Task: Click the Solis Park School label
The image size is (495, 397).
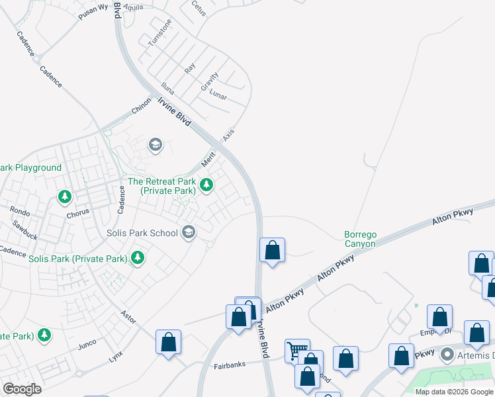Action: pyautogui.click(x=142, y=233)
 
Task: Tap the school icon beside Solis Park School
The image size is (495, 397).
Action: pyautogui.click(x=189, y=232)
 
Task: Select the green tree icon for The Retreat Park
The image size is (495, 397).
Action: pyautogui.click(x=206, y=185)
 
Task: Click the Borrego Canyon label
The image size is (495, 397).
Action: pyautogui.click(x=360, y=239)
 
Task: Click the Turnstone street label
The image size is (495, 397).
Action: pyautogui.click(x=160, y=32)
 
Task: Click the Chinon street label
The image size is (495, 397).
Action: pyautogui.click(x=140, y=105)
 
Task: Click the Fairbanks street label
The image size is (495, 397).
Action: pyautogui.click(x=230, y=366)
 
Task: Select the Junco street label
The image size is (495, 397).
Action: pyautogui.click(x=87, y=344)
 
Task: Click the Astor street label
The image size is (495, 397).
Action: pyautogui.click(x=128, y=317)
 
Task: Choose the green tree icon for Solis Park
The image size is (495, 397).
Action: pyautogui.click(x=138, y=257)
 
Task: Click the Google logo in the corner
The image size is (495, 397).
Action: pyautogui.click(x=22, y=389)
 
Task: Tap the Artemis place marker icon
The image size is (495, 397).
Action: pyautogui.click(x=448, y=355)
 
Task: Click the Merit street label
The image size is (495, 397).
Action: pyautogui.click(x=209, y=159)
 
